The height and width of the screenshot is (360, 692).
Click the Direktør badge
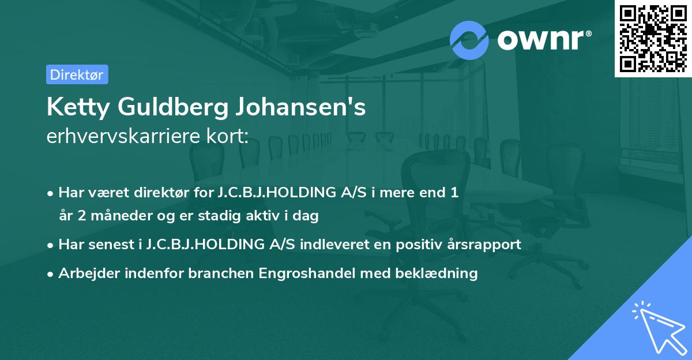(x=77, y=74)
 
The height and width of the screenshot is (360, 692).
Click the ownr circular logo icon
(x=469, y=40)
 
